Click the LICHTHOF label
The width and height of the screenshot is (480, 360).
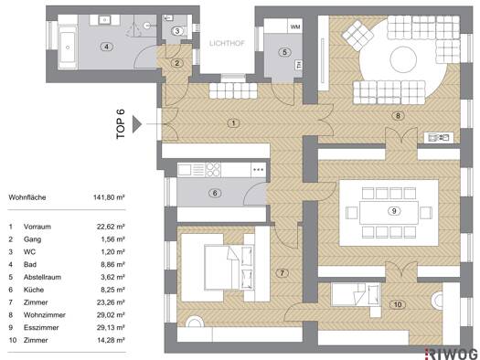click(227, 43)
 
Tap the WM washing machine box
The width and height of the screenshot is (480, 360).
click(295, 26)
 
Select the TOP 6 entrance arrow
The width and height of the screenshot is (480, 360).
click(137, 124)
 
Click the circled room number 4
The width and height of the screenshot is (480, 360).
click(106, 47)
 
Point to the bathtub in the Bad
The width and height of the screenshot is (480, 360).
click(68, 47)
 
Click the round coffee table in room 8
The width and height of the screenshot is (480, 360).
click(403, 59)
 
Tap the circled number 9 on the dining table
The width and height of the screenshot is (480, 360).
click(394, 211)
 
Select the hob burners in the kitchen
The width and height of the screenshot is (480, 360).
click(213, 169)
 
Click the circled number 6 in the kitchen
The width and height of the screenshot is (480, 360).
click(215, 193)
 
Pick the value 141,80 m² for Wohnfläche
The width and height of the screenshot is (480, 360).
click(109, 197)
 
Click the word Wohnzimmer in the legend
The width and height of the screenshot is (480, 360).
click(45, 314)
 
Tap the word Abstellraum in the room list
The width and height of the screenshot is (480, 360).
click(42, 277)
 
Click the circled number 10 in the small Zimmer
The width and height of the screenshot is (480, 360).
click(398, 304)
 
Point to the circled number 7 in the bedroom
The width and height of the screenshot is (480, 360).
click(282, 273)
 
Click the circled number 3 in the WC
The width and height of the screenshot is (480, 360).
click(177, 31)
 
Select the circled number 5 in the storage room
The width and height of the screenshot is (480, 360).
click(284, 52)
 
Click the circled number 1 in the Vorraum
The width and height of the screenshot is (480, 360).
click(233, 123)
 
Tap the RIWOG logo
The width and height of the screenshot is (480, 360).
click(453, 354)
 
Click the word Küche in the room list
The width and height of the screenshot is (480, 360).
click(34, 290)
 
